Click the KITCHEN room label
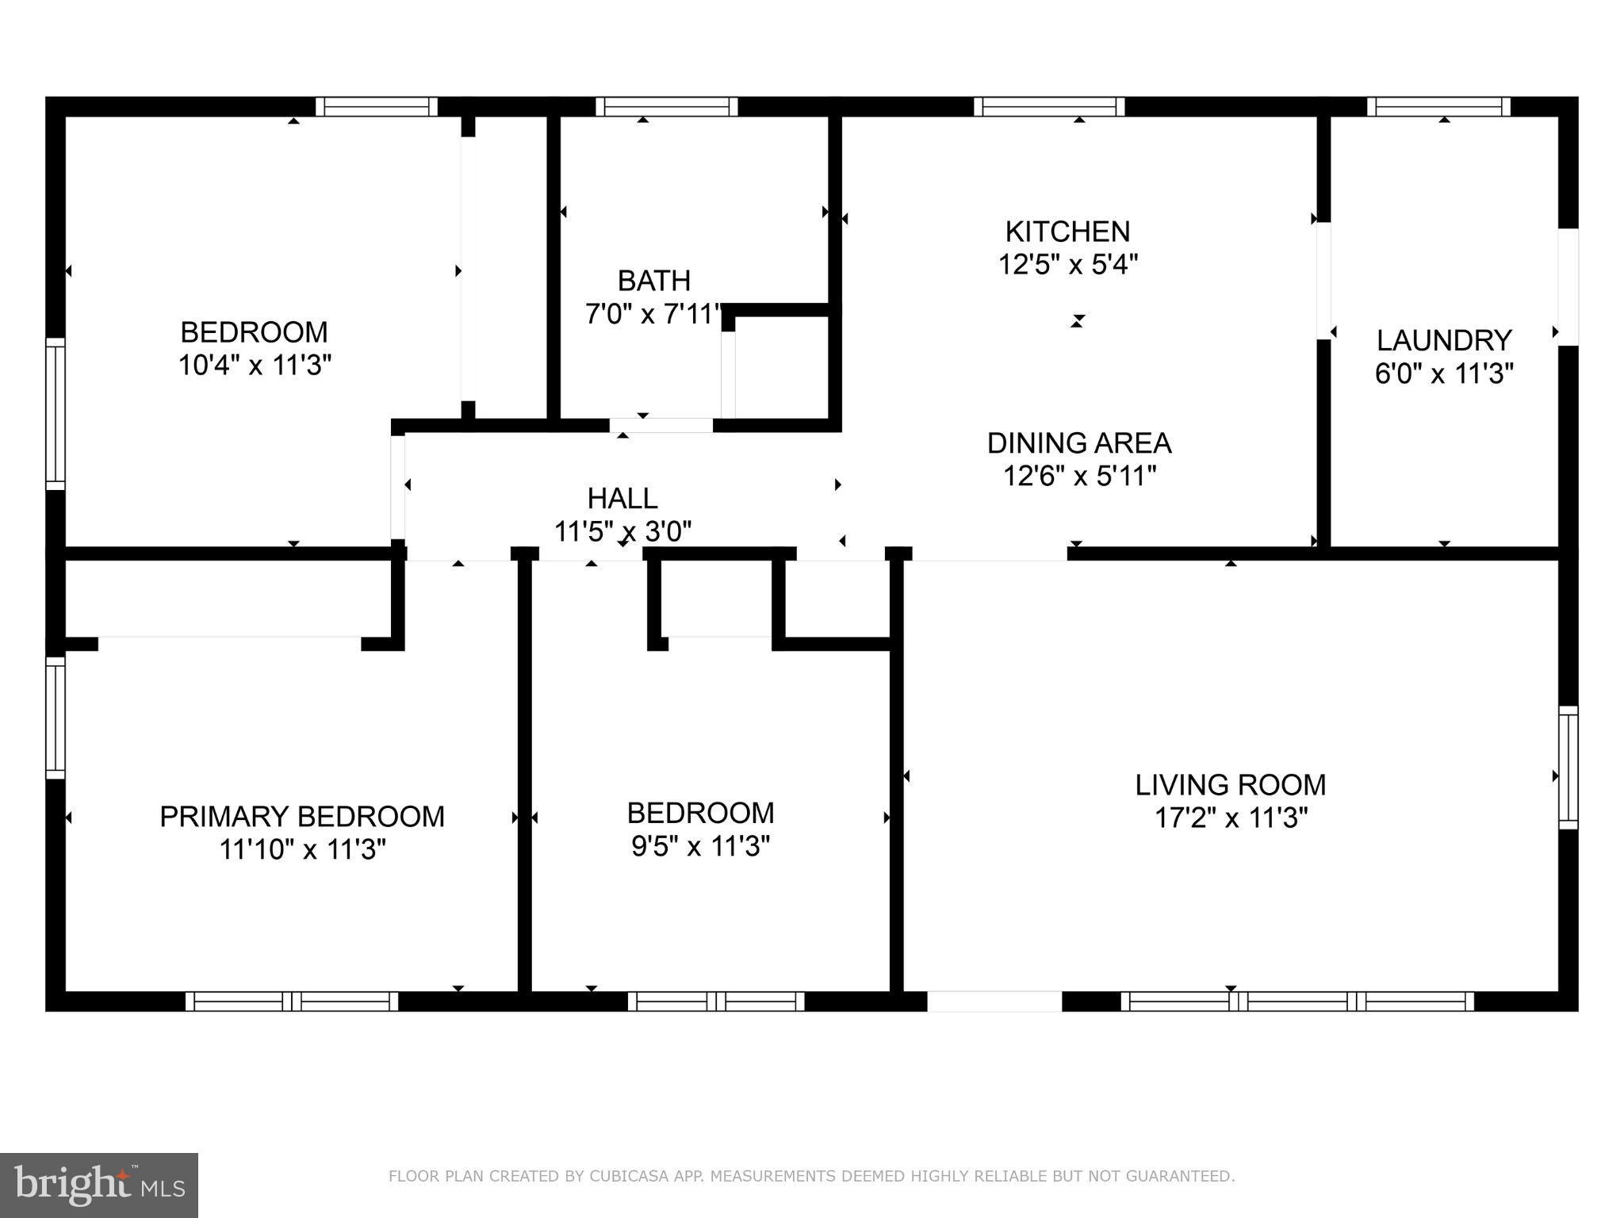[1067, 232]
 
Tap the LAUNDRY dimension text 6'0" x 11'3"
[1444, 373]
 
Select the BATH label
[653, 281]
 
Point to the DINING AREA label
[1078, 442]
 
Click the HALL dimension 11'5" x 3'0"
[622, 531]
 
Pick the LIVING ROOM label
[1230, 785]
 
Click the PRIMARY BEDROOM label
[302, 817]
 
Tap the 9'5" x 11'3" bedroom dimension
[700, 847]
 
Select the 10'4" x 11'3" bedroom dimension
[255, 366]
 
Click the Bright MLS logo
[98, 1185]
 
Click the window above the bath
[666, 106]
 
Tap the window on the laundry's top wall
[1438, 106]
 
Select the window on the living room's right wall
[1568, 767]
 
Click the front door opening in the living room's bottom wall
[994, 1002]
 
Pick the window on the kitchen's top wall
[1048, 106]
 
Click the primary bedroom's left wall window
[55, 718]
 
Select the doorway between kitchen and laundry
[1323, 281]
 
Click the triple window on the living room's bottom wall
[1297, 1002]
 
